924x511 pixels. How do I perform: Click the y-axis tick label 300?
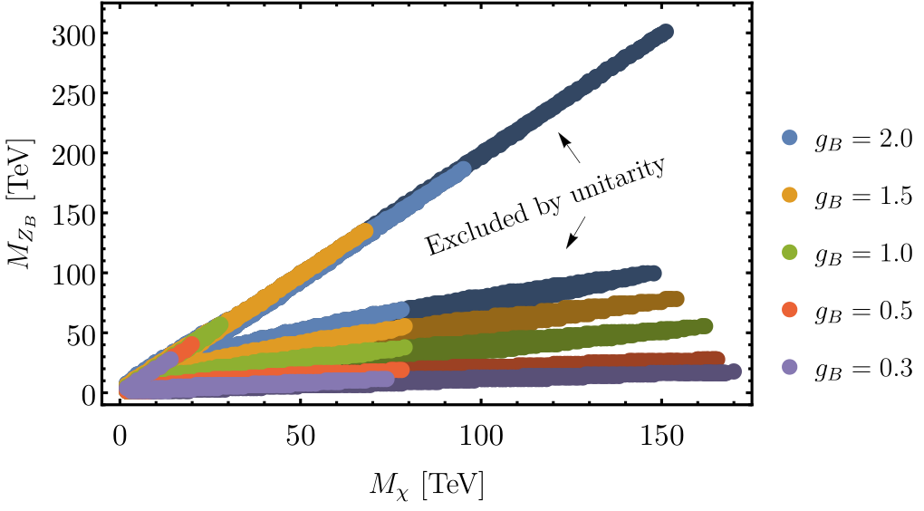[73, 36]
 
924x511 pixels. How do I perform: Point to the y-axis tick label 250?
[73, 95]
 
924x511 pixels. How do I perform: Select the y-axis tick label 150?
[73, 215]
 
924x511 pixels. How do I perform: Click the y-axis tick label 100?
[73, 275]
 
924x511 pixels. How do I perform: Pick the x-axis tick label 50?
[301, 437]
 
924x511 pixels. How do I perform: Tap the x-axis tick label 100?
[481, 437]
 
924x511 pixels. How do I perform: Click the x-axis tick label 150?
[662, 437]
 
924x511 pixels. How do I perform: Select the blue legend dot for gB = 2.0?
[789, 138]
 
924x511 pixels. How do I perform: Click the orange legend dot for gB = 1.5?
[789, 195]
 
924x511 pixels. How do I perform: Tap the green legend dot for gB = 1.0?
[789, 252]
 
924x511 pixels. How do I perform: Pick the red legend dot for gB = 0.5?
[789, 310]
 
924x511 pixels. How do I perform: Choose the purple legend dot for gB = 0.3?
[789, 367]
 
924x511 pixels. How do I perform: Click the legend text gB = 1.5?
[863, 197]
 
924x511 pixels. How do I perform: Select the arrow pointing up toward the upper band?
[570, 148]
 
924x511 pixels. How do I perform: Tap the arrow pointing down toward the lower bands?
[576, 232]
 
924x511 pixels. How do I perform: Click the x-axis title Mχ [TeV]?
[427, 486]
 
